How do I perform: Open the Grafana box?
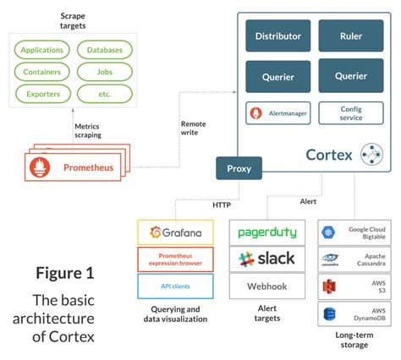[x=175, y=232]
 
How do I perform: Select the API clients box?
[x=175, y=286]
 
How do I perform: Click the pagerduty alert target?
[x=266, y=232]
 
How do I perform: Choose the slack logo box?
[x=266, y=259]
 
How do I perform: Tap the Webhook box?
[x=266, y=286]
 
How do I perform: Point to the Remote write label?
[x=193, y=128]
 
